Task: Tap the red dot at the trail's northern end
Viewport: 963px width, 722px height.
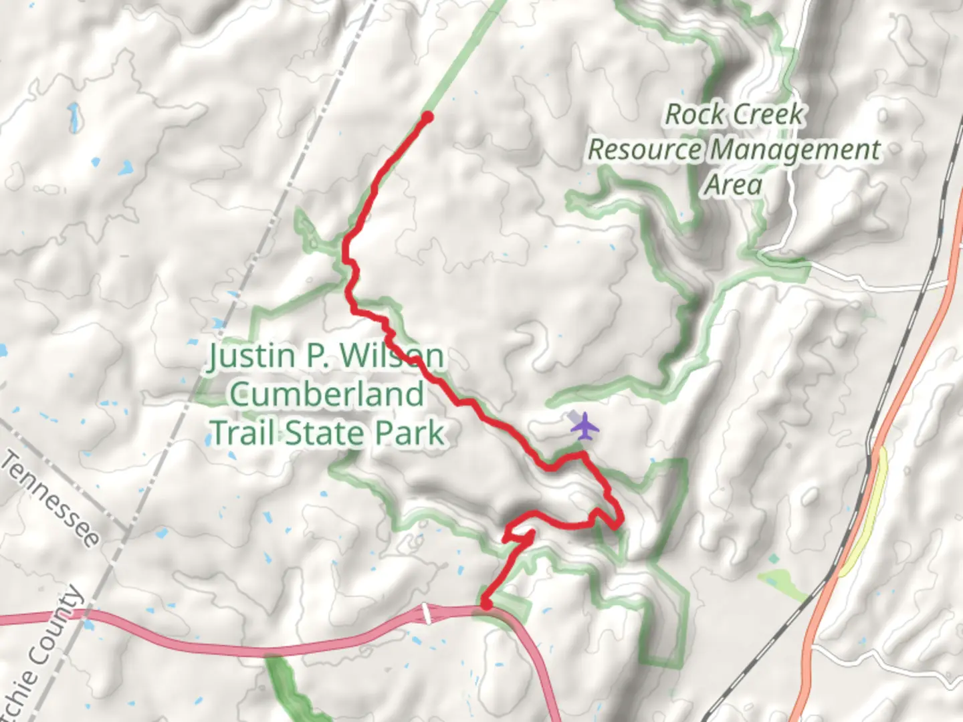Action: (x=427, y=118)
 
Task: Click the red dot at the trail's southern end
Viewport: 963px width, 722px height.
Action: (x=487, y=604)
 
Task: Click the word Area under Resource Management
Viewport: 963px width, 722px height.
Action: (x=733, y=185)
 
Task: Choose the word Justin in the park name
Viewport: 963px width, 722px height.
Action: (x=249, y=356)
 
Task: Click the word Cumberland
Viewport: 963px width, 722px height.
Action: (x=327, y=394)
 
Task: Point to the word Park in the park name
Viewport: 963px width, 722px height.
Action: (x=409, y=433)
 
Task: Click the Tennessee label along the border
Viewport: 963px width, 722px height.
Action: (x=50, y=497)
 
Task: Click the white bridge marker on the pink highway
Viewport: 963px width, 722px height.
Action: (x=426, y=613)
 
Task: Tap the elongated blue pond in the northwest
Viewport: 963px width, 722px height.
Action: (x=74, y=117)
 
